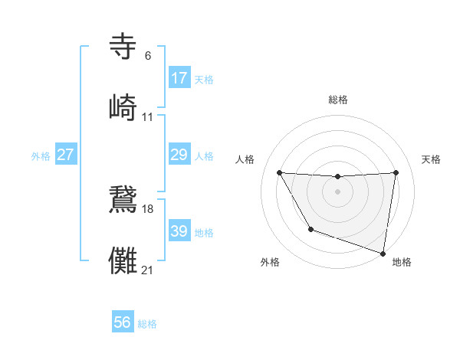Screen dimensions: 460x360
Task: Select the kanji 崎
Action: coord(123,107)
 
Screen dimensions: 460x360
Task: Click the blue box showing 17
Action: coord(179,78)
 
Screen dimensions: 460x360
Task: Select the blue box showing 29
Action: coord(179,155)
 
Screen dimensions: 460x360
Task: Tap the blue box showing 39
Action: coord(179,231)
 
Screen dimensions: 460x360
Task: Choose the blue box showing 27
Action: coord(66,155)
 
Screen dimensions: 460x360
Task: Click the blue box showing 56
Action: coord(123,323)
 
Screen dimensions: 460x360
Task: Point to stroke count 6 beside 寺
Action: coord(147,56)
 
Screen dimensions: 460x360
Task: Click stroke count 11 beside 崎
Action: coord(147,117)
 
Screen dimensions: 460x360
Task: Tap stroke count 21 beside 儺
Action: coord(148,270)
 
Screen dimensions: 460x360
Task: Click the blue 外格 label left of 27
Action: coord(41,156)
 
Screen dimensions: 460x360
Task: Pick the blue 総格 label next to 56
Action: coord(147,324)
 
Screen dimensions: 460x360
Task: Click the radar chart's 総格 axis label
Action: coord(337,100)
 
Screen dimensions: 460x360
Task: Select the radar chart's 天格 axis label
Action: coord(431,159)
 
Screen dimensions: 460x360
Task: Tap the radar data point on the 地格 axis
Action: coord(383,252)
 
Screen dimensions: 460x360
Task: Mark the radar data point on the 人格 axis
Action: coord(279,172)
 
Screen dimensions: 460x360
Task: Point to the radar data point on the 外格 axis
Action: coord(310,229)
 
